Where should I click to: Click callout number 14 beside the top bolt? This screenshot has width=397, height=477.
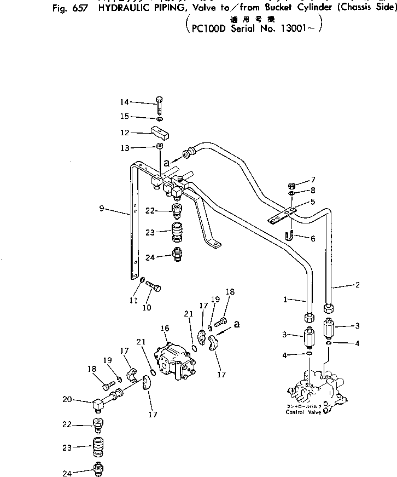click(125, 102)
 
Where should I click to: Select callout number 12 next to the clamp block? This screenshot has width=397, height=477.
click(125, 133)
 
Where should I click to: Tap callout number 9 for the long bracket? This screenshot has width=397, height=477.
click(102, 209)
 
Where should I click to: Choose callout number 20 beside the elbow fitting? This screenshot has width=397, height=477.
click(67, 400)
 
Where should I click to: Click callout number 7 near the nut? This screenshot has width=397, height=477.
click(313, 180)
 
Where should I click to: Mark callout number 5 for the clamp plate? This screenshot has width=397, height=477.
click(313, 202)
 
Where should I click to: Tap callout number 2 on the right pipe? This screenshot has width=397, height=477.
click(357, 285)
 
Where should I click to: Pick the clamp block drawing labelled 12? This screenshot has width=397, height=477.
click(160, 132)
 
